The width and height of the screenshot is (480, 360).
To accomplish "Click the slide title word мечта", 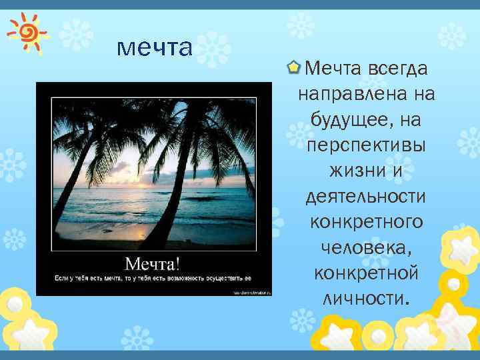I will (154, 47).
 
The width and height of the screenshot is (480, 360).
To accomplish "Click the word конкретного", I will (367, 222).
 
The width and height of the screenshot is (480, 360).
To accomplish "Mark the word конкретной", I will (366, 273).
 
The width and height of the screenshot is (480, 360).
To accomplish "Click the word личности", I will (365, 298).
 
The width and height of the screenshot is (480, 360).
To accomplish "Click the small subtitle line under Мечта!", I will (153, 277).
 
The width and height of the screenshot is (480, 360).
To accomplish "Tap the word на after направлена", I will (423, 95).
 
